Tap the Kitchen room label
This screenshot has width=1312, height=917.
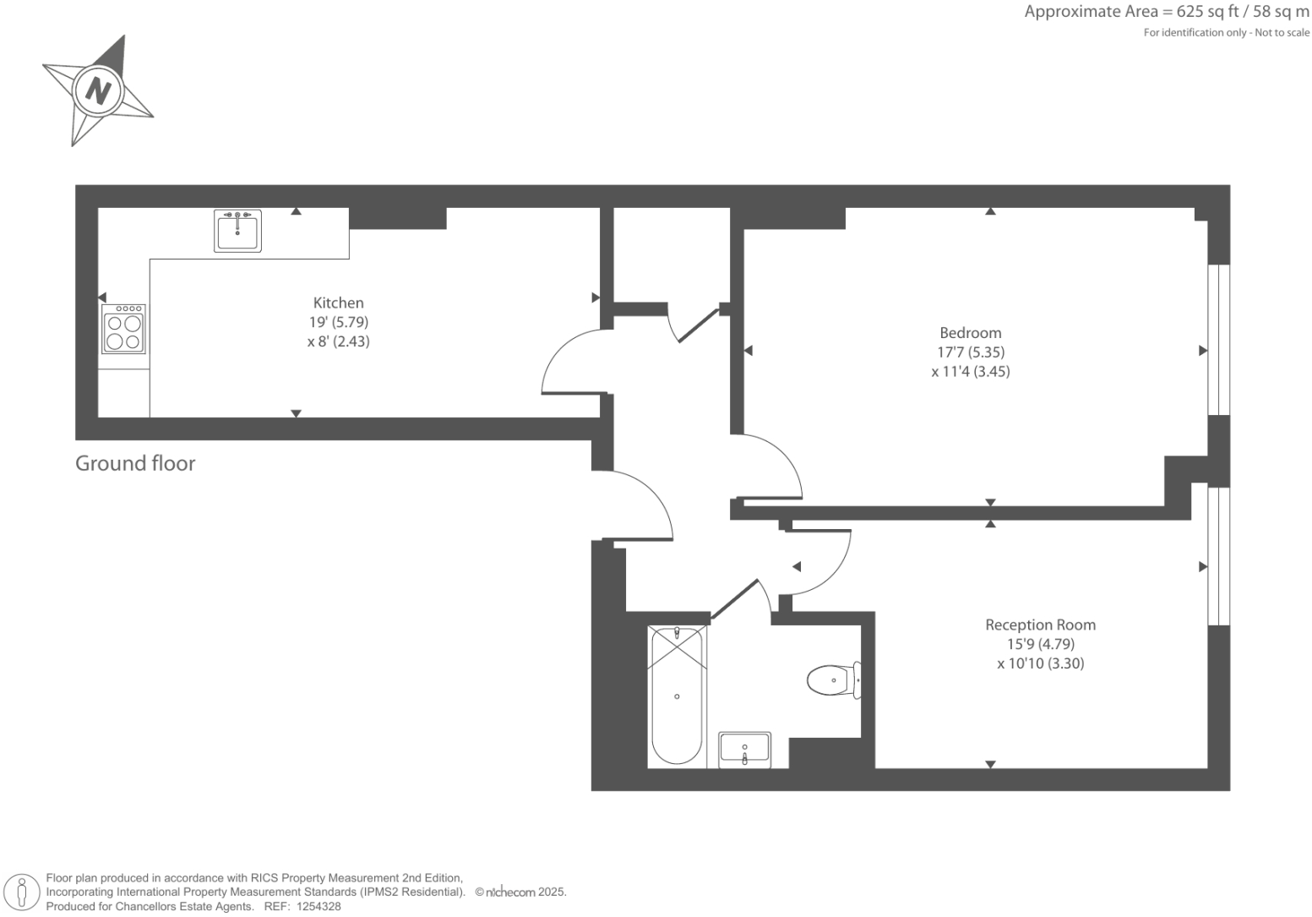pos(338,303)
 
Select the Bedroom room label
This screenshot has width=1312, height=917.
pos(970,333)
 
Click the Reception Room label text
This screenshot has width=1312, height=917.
pos(1040,625)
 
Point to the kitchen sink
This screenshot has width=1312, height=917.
pos(237,231)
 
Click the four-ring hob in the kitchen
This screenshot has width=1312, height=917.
pos(124,330)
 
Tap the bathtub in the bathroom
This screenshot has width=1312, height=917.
pos(677,696)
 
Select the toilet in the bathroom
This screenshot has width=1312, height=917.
pos(833,680)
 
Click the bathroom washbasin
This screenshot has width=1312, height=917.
pos(744,750)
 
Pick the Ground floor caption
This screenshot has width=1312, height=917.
pos(135,463)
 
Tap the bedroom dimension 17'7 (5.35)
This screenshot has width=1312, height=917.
pos(971,352)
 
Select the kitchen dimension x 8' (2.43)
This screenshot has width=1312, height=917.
pos(338,342)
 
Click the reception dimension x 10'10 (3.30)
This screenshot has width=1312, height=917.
pos(1040,664)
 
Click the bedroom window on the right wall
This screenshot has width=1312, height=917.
pos(1218,340)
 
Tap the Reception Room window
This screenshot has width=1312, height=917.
pos(1218,555)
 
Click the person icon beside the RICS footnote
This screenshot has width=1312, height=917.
pos(23,892)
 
